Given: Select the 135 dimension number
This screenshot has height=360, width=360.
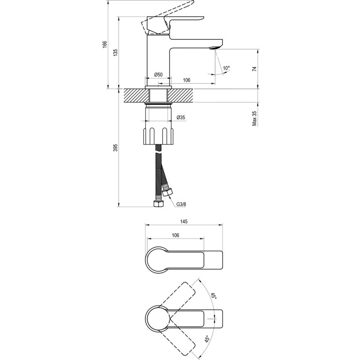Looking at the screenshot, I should point(116,52).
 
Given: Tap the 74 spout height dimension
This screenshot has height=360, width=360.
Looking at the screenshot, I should point(254,69).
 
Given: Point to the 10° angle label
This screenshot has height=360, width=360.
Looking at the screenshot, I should point(226,68).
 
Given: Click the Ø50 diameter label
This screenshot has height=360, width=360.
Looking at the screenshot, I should point(158,75).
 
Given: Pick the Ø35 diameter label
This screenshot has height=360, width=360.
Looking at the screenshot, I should point(181,117).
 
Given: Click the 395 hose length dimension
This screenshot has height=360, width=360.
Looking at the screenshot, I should point(116,148).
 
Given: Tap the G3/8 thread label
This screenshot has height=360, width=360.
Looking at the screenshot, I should point(181,204).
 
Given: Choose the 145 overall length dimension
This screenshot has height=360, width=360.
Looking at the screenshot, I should point(184,221).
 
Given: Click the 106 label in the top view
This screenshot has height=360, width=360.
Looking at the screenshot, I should point(175,235).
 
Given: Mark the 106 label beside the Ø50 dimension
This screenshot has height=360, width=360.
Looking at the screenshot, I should point(186,80).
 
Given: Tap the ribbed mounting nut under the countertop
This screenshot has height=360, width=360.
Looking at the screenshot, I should point(158,136).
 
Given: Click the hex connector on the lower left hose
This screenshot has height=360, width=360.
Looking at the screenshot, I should point(158,203).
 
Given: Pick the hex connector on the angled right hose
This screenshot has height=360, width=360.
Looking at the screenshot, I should point(168,192).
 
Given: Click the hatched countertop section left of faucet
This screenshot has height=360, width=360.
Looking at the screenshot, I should point(135,95).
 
